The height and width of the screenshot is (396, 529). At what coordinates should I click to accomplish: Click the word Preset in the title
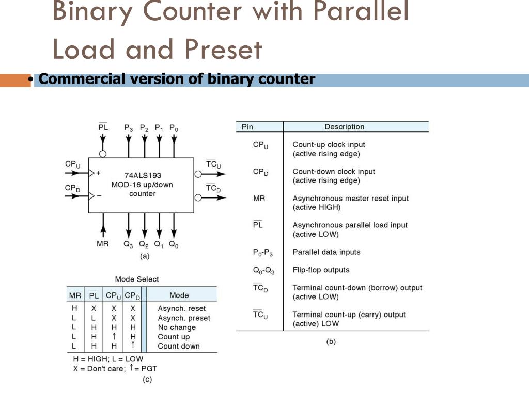(224, 50)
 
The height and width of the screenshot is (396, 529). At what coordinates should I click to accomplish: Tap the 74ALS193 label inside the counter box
(143, 175)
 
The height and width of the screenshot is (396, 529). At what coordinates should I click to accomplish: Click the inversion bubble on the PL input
(103, 154)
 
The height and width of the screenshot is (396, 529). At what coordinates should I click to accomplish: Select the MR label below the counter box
(103, 244)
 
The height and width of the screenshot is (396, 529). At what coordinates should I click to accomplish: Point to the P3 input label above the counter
(129, 127)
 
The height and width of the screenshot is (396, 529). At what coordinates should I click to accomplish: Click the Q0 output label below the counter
(174, 245)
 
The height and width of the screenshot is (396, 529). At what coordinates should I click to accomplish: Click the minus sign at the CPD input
(99, 196)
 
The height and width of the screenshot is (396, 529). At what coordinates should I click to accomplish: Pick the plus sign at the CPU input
(98, 173)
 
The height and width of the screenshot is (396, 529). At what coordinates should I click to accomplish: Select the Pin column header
(247, 127)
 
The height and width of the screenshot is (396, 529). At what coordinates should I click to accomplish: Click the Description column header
(344, 127)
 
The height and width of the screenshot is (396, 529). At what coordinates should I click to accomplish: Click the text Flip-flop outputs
(321, 270)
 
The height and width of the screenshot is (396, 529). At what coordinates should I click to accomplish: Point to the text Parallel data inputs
(326, 252)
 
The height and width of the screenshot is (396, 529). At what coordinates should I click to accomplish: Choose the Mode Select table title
(137, 279)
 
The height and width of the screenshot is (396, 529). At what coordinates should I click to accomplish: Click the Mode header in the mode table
(179, 295)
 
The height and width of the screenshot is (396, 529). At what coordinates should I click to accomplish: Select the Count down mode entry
(178, 346)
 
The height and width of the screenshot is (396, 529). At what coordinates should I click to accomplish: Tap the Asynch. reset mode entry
(181, 309)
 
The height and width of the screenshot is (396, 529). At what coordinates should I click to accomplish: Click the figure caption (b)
(331, 341)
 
